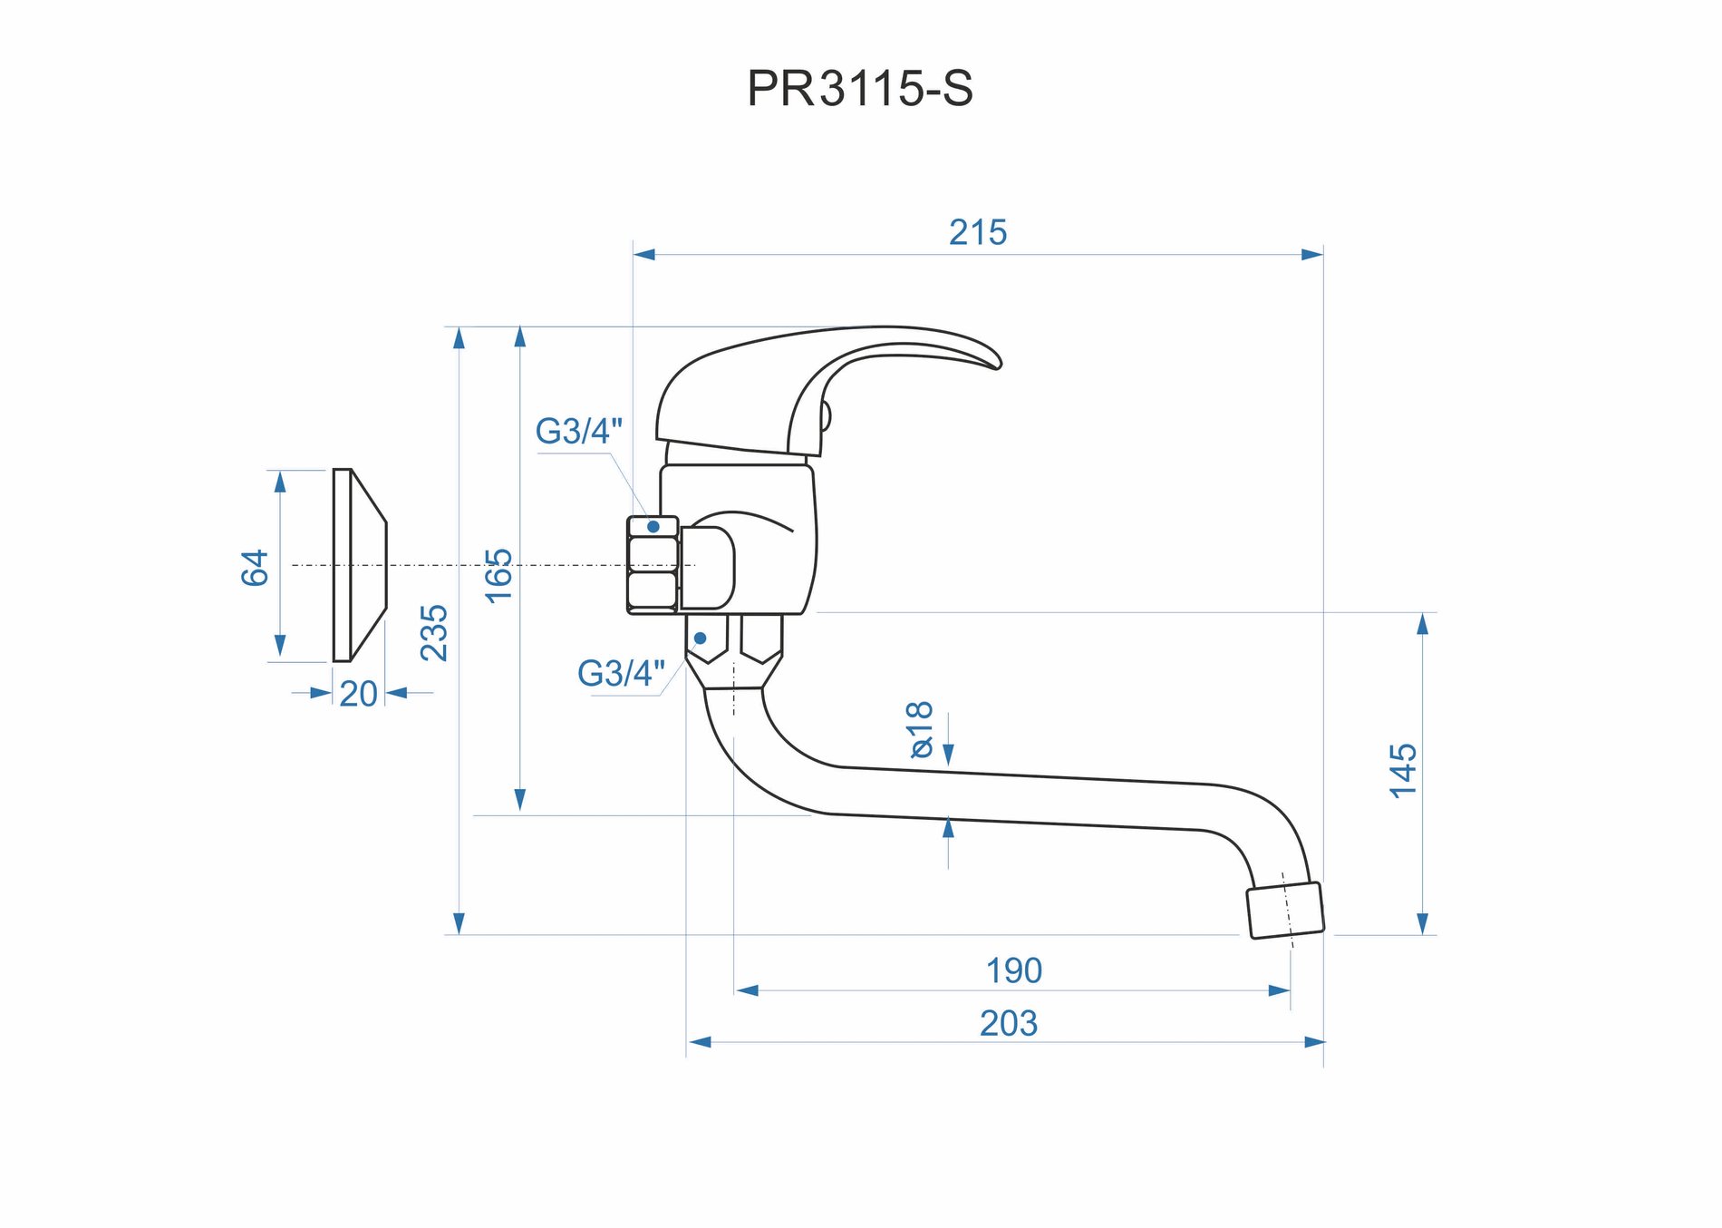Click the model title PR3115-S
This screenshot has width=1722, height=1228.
click(x=859, y=89)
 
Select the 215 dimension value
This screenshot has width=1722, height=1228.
click(x=978, y=233)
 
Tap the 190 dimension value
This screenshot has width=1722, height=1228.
click(x=1014, y=971)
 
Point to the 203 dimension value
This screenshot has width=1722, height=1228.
click(x=1009, y=1024)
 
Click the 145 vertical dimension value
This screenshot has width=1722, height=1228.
click(x=1403, y=771)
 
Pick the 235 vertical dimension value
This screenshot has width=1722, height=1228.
click(x=434, y=632)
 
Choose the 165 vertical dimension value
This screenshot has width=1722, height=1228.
click(x=498, y=575)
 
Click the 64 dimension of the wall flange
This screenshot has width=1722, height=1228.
click(x=255, y=568)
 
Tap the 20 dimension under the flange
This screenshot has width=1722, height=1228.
click(x=358, y=695)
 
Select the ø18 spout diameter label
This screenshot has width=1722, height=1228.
click(x=920, y=729)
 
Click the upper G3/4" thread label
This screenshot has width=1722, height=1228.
click(x=579, y=432)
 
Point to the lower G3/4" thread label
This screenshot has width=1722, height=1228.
click(x=621, y=674)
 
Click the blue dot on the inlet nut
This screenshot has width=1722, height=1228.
click(x=653, y=527)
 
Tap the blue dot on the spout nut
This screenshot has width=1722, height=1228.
click(x=700, y=638)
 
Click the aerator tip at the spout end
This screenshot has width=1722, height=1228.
click(x=1285, y=910)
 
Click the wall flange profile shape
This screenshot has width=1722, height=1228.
click(x=359, y=565)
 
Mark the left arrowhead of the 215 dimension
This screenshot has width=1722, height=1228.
click(x=644, y=255)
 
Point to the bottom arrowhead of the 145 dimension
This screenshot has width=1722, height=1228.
click(x=1422, y=923)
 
